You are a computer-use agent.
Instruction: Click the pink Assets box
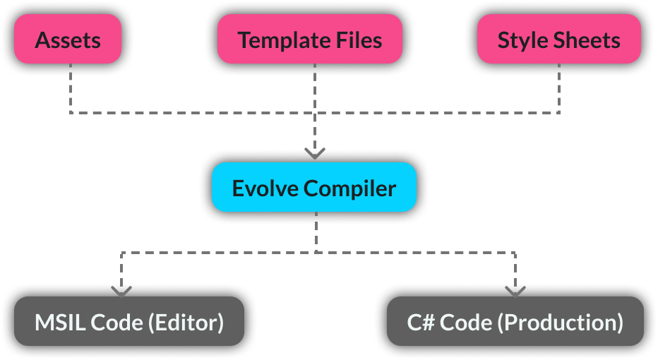click(68, 40)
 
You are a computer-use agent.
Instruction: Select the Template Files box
click(310, 40)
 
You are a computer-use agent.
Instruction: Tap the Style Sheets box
click(558, 40)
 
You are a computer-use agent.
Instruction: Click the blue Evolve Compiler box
click(314, 188)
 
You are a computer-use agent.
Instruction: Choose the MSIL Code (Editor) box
click(129, 322)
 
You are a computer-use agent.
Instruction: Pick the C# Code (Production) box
click(515, 322)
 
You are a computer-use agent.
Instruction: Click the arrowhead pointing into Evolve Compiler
click(315, 153)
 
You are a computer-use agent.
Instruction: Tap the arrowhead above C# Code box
click(515, 289)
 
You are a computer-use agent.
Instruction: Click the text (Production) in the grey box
click(560, 323)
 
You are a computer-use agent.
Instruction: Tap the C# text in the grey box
click(421, 323)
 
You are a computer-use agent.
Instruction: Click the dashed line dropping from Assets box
click(71, 88)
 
